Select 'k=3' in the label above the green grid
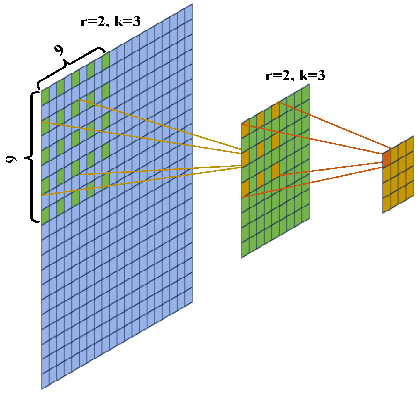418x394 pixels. [x=312, y=76]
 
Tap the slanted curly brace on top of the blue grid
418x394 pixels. [x=70, y=67]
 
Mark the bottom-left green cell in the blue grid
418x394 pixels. [x=45, y=216]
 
